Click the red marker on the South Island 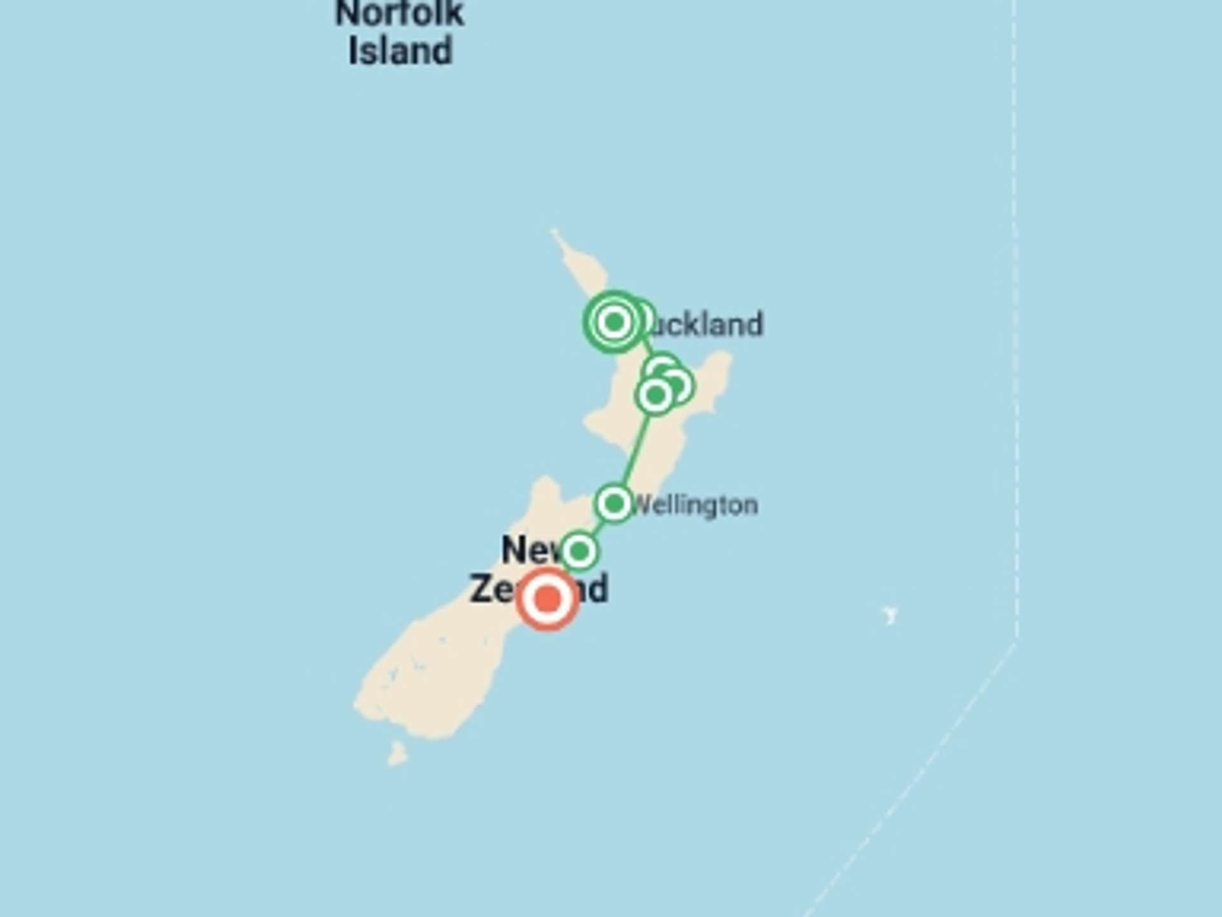(547, 599)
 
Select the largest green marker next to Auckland (614, 322)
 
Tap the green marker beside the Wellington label (614, 504)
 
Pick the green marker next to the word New (579, 551)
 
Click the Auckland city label (706, 325)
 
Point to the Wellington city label (697, 506)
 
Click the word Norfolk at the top (400, 14)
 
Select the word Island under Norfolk (400, 51)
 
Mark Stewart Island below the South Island (398, 754)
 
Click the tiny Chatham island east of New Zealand (890, 615)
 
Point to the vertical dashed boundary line (1016, 318)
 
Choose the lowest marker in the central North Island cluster (655, 396)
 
